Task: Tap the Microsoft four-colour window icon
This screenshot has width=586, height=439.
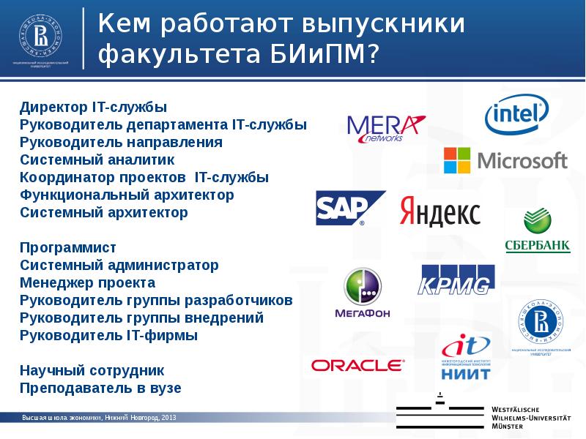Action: click(x=457, y=160)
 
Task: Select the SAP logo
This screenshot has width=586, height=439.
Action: click(x=350, y=209)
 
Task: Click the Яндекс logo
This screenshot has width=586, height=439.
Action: click(x=439, y=212)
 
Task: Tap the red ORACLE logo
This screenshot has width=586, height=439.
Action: click(x=357, y=364)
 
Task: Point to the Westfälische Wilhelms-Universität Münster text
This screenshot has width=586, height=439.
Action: click(x=531, y=416)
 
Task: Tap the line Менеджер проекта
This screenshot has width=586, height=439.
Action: click(x=87, y=283)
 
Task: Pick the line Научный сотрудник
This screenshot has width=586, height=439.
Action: click(x=92, y=371)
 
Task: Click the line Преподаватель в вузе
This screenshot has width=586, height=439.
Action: click(x=100, y=389)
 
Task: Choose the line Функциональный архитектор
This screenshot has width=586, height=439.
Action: click(x=127, y=195)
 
